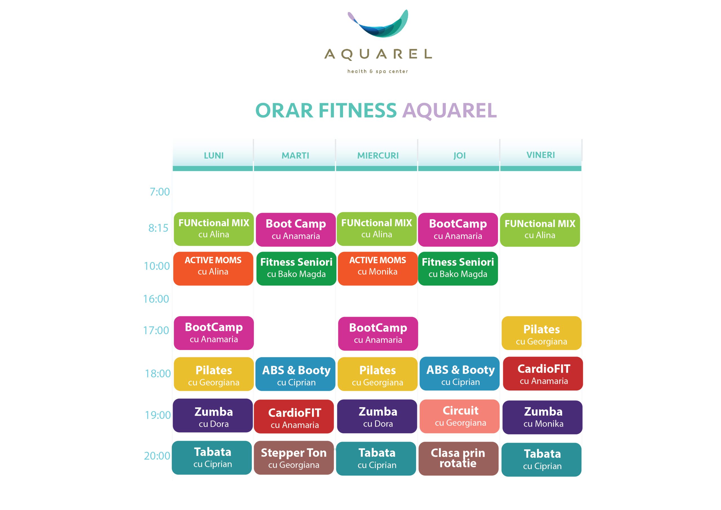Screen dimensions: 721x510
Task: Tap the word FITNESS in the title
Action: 358,111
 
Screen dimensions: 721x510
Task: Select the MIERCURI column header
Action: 378,156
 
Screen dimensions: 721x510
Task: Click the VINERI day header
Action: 540,155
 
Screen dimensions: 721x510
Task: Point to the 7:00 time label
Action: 159,192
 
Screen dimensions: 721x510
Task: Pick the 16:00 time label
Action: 156,299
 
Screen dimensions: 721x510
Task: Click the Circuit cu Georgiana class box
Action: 459,416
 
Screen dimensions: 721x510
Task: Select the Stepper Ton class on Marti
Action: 294,458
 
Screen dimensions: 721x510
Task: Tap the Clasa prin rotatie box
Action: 459,458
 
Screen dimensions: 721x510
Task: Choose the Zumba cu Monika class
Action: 542,417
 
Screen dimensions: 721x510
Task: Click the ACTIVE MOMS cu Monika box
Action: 378,269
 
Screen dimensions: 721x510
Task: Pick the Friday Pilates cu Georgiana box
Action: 541,333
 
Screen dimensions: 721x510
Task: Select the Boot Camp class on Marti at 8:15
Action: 296,230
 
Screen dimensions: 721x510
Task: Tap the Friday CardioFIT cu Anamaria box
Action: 543,374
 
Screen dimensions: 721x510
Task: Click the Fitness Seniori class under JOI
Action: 458,269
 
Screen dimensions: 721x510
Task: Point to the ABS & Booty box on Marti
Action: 295,374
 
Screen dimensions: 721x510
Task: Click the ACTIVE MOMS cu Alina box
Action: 213,269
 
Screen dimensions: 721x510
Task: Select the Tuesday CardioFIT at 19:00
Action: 294,416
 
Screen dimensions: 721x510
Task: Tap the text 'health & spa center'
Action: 377,71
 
